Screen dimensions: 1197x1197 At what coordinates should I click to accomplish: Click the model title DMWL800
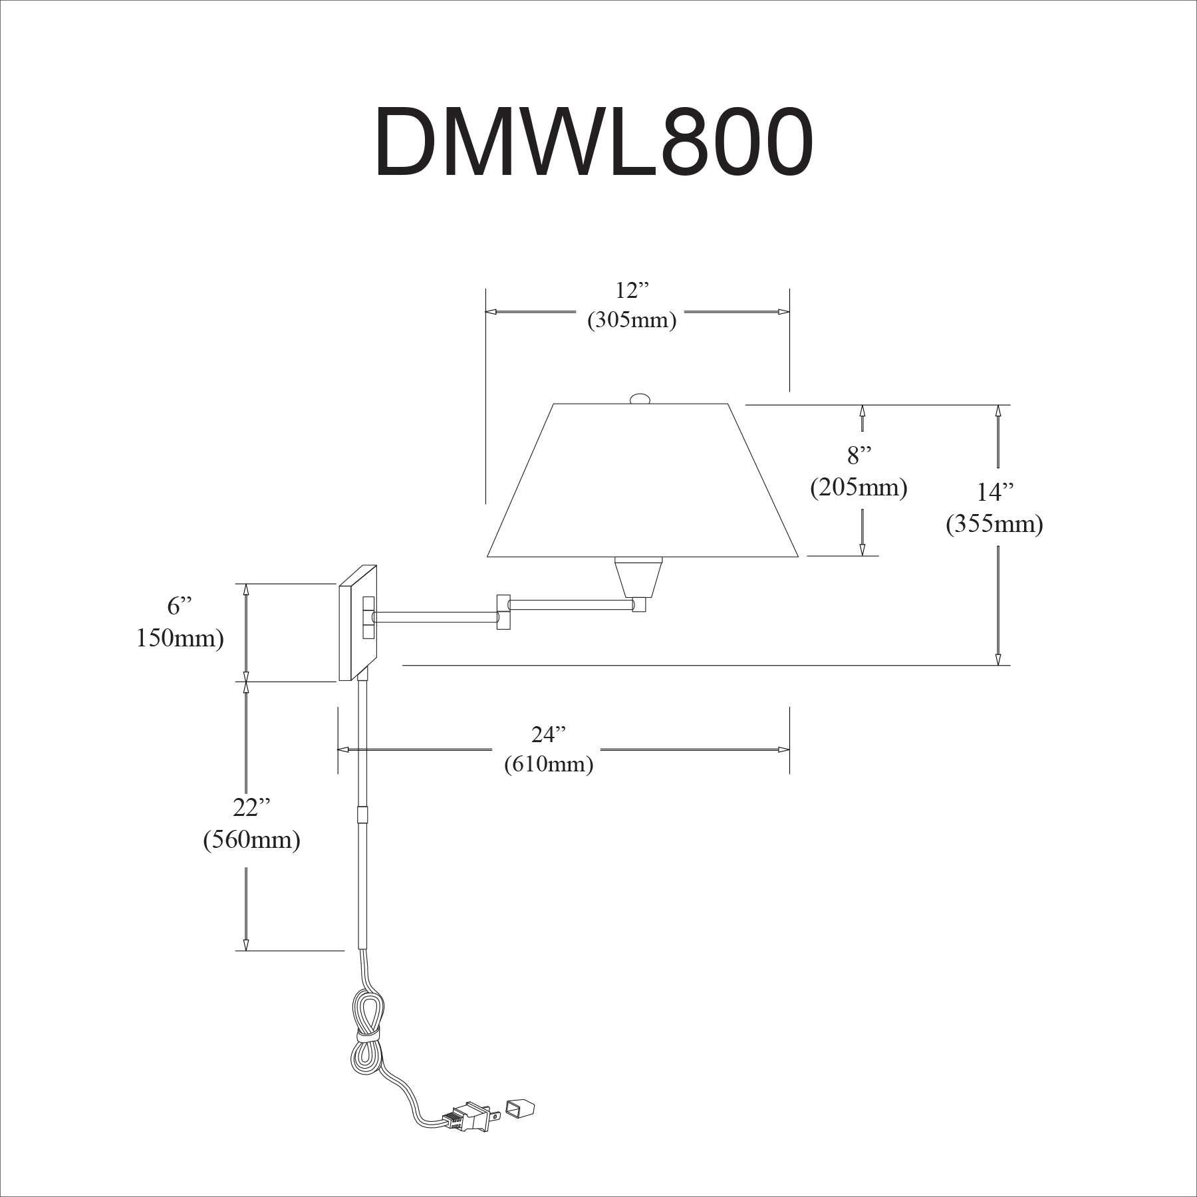coord(593,143)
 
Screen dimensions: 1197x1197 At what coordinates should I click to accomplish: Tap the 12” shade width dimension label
coord(631,291)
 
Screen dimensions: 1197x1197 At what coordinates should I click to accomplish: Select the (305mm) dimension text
coord(631,321)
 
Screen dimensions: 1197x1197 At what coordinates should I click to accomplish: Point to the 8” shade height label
coord(859,456)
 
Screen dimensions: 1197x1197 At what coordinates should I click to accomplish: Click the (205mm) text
coord(859,488)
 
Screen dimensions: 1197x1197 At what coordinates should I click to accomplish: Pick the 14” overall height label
coord(995,493)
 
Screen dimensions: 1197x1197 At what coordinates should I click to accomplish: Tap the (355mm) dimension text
coord(994,525)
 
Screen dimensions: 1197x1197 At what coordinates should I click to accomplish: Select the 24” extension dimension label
coord(549,735)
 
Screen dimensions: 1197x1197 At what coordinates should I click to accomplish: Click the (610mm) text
coord(549,765)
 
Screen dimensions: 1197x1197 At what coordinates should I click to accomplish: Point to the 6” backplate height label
coord(179,606)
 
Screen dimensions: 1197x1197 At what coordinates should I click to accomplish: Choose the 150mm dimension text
coord(180,639)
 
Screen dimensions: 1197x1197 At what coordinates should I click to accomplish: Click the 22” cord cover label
coord(251,808)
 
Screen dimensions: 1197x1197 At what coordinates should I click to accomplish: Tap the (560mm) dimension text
coord(251,841)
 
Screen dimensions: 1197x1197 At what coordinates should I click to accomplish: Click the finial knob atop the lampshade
coord(640,398)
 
